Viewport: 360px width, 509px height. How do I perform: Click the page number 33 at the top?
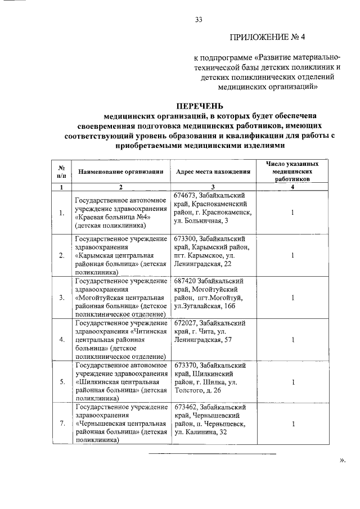198,20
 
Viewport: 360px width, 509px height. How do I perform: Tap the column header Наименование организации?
120,172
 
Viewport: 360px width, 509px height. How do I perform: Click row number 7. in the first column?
61,424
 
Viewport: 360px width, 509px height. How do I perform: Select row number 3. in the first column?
61,298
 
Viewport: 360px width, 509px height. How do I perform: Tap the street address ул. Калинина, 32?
201,433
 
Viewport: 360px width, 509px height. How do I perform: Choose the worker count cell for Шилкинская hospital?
292,382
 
